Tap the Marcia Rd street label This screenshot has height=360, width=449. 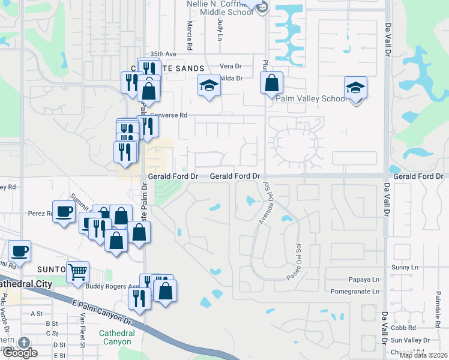pos(190,35)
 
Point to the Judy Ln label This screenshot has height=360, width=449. pos(220,25)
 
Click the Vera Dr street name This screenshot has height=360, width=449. pos(230,66)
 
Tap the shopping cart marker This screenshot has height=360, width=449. pos(78,272)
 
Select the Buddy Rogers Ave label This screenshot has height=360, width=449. pos(119,287)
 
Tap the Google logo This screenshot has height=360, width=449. pos(20,353)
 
